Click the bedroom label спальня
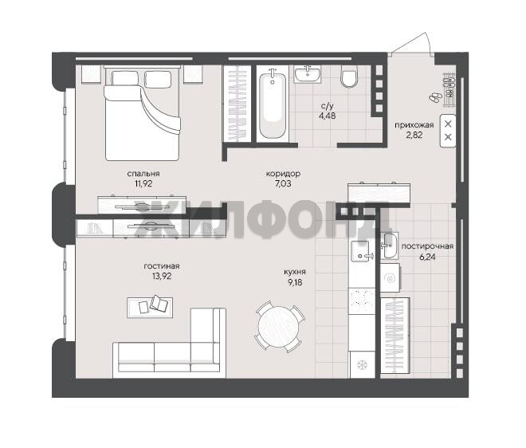(143, 174)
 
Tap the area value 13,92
(162, 276)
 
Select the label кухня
(295, 272)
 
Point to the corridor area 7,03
(283, 184)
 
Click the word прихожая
(414, 125)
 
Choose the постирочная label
(427, 246)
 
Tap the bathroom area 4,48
(328, 116)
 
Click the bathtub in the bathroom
(273, 104)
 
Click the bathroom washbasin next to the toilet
(308, 74)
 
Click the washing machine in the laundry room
(391, 277)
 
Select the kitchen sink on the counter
(360, 251)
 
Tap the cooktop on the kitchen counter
(362, 301)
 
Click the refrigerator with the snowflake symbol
(363, 364)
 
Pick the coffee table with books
(151, 307)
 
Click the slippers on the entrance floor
(435, 97)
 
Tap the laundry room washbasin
(389, 246)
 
